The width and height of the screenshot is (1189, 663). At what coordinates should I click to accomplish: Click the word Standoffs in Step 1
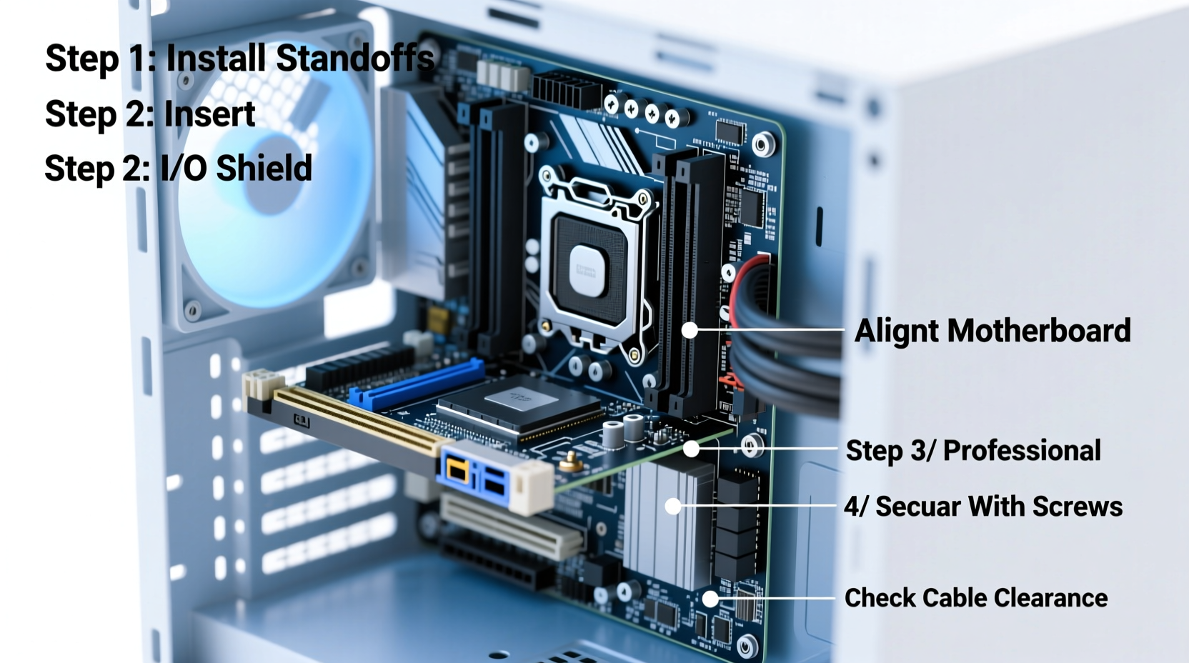354,59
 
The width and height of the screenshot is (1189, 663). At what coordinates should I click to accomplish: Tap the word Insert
209,114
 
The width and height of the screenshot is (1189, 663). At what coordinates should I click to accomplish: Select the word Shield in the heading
264,169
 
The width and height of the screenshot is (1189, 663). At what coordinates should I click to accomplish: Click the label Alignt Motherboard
992,331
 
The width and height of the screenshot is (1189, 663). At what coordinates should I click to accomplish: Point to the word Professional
1022,451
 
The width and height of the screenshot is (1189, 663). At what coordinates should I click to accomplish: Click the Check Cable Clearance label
975,598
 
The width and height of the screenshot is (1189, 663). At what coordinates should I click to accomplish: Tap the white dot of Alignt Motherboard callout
690,330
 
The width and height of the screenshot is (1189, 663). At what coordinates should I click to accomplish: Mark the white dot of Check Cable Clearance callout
710,599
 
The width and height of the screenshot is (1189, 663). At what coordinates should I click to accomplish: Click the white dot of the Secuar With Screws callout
672,507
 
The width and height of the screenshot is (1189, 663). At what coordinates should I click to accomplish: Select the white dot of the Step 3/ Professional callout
691,449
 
